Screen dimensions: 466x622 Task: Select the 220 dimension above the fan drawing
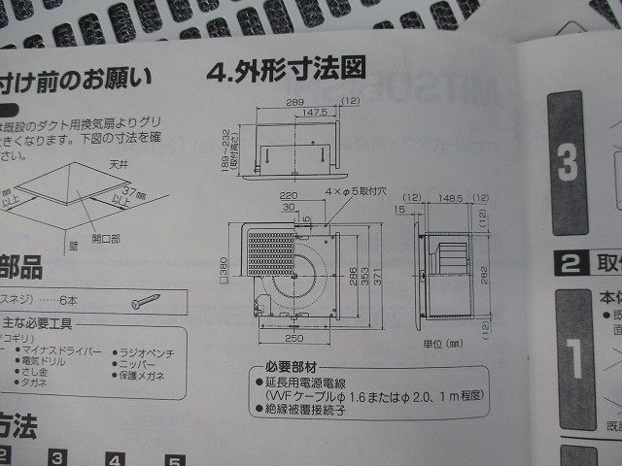289,194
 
